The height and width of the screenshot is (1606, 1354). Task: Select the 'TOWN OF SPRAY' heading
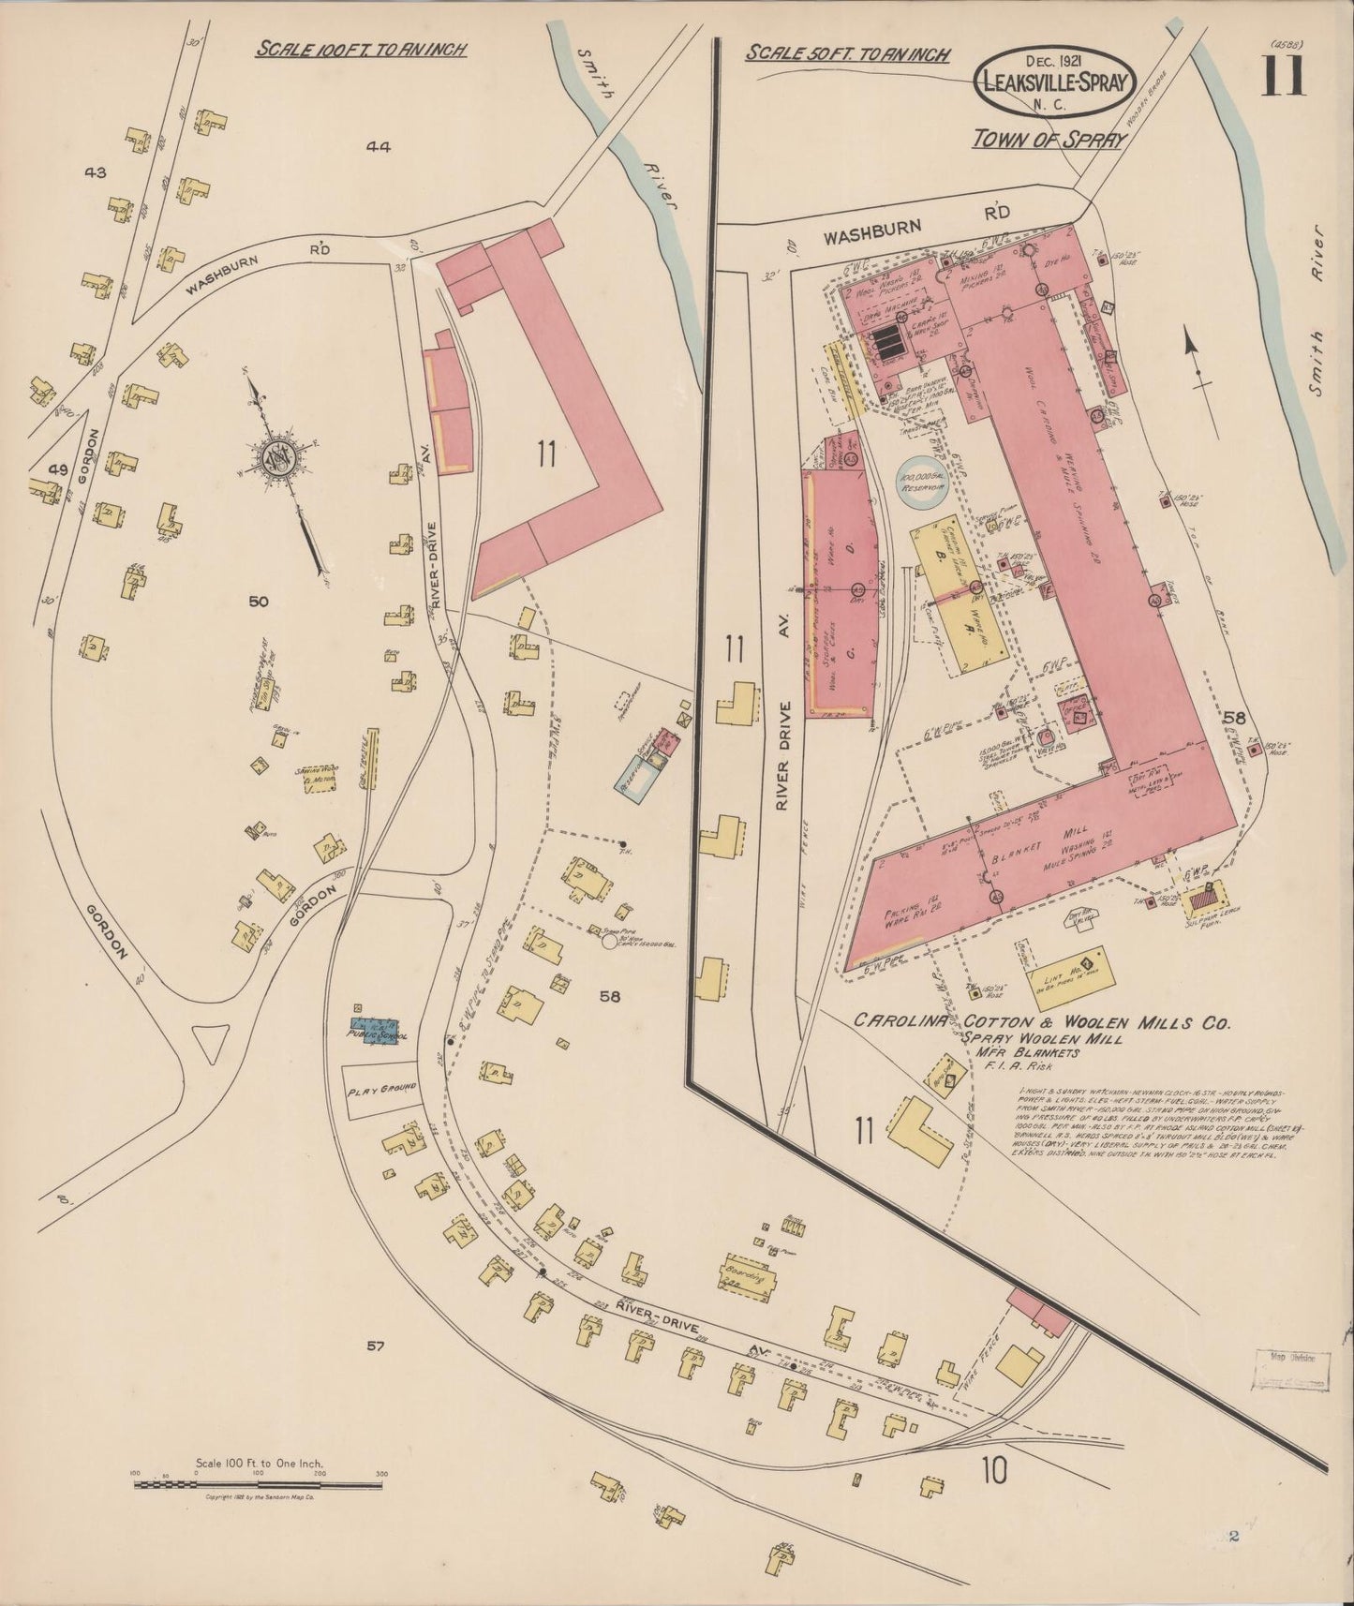[x=1049, y=139]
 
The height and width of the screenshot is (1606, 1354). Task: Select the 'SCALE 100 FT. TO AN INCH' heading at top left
[x=361, y=50]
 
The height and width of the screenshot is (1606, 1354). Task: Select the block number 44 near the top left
[x=379, y=146]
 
